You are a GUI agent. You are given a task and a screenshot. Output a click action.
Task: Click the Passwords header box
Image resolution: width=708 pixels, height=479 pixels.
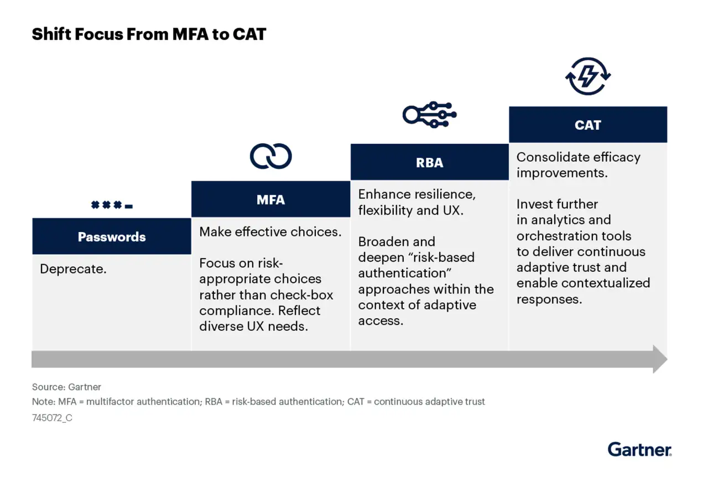112,236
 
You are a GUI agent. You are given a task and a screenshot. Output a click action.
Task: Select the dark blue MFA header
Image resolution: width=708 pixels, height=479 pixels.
270,199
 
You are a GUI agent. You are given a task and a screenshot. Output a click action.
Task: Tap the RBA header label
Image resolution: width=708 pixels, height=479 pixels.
429,162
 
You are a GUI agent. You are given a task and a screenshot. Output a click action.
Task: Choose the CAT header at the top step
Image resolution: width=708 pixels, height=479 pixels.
587,125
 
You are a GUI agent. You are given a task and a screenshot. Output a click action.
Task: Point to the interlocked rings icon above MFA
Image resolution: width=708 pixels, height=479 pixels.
270,156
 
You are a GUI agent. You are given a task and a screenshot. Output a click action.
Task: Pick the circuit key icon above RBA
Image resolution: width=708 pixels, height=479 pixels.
429,114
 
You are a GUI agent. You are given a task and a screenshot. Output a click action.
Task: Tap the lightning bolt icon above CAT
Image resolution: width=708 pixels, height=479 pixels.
588,76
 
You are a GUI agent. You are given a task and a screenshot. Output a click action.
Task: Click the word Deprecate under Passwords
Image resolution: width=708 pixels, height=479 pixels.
73,270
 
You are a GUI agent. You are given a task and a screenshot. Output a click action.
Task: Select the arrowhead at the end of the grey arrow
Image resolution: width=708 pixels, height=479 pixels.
660,359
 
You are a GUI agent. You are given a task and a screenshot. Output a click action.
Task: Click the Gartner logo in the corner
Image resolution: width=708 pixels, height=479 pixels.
639,449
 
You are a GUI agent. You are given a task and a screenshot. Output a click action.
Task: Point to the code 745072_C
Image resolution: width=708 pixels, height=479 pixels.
52,418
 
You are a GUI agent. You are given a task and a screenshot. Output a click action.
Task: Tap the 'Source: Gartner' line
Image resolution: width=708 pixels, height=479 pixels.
66,387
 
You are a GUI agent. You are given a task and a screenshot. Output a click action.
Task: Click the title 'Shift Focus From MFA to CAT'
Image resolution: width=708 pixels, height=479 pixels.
149,34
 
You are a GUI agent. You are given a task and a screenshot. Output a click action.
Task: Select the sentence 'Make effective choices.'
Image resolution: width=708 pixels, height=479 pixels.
270,231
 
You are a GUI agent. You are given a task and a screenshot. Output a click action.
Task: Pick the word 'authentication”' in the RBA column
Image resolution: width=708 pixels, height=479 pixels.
402,273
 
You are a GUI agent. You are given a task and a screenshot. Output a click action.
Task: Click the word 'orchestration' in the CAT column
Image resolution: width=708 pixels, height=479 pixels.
555,236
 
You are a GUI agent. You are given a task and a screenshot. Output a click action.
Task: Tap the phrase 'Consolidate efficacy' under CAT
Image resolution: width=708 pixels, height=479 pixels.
578,157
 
